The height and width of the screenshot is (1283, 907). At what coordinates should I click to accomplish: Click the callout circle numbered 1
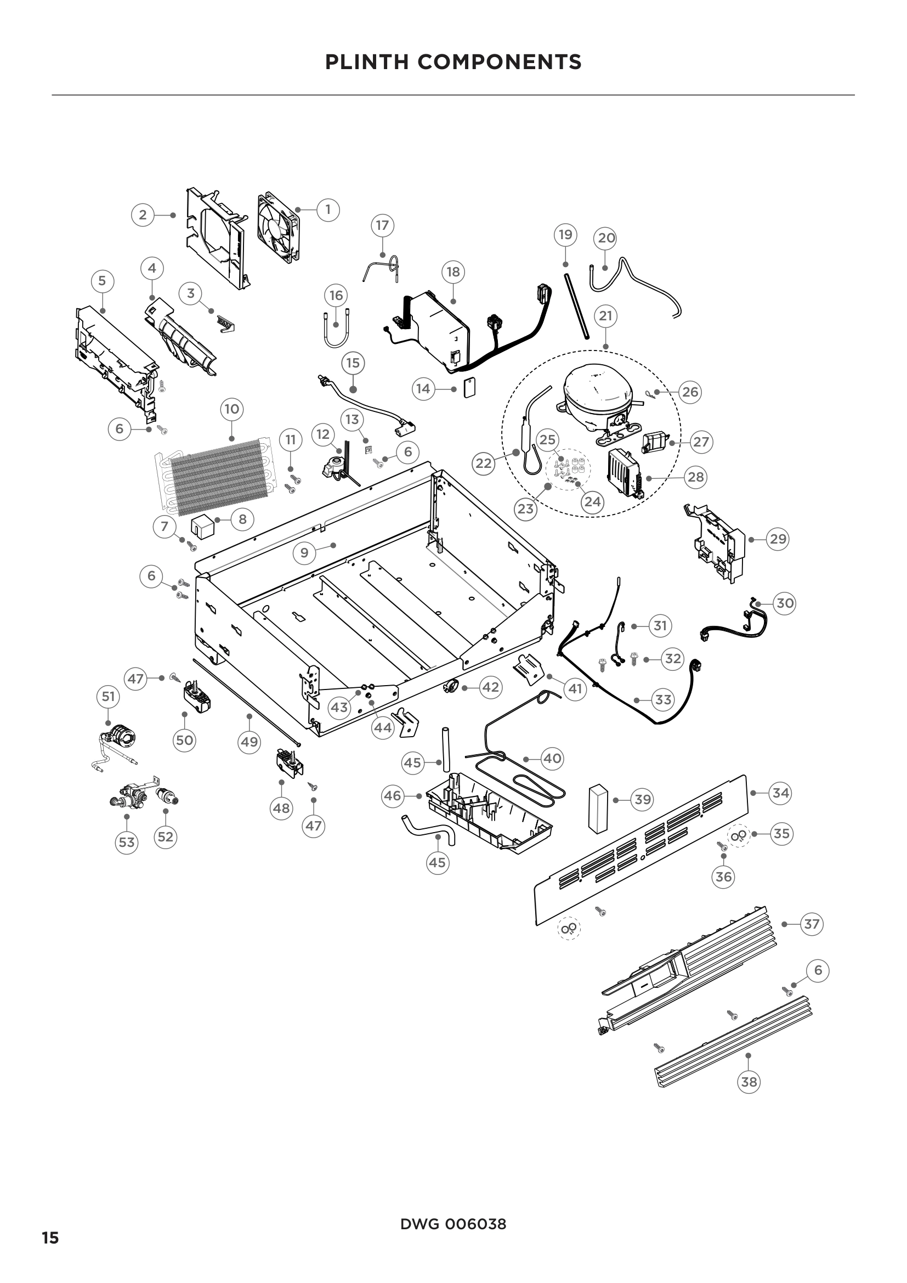(328, 210)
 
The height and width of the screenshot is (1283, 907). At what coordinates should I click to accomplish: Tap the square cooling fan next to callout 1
(278, 228)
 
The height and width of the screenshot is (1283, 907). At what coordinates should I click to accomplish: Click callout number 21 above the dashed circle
(605, 316)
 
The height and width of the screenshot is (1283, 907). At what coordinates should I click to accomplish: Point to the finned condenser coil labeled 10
(218, 477)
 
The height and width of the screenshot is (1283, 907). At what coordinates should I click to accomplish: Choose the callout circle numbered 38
(749, 1082)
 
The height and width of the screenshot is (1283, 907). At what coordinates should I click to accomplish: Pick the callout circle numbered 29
(778, 539)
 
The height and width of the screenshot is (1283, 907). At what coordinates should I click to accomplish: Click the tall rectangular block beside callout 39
(597, 807)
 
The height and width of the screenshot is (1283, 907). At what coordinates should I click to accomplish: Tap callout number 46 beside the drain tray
(393, 795)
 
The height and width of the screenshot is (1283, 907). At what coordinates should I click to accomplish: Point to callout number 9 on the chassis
(304, 553)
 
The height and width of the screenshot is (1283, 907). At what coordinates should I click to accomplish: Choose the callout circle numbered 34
(780, 793)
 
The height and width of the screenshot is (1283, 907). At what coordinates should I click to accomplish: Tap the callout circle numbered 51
(108, 696)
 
